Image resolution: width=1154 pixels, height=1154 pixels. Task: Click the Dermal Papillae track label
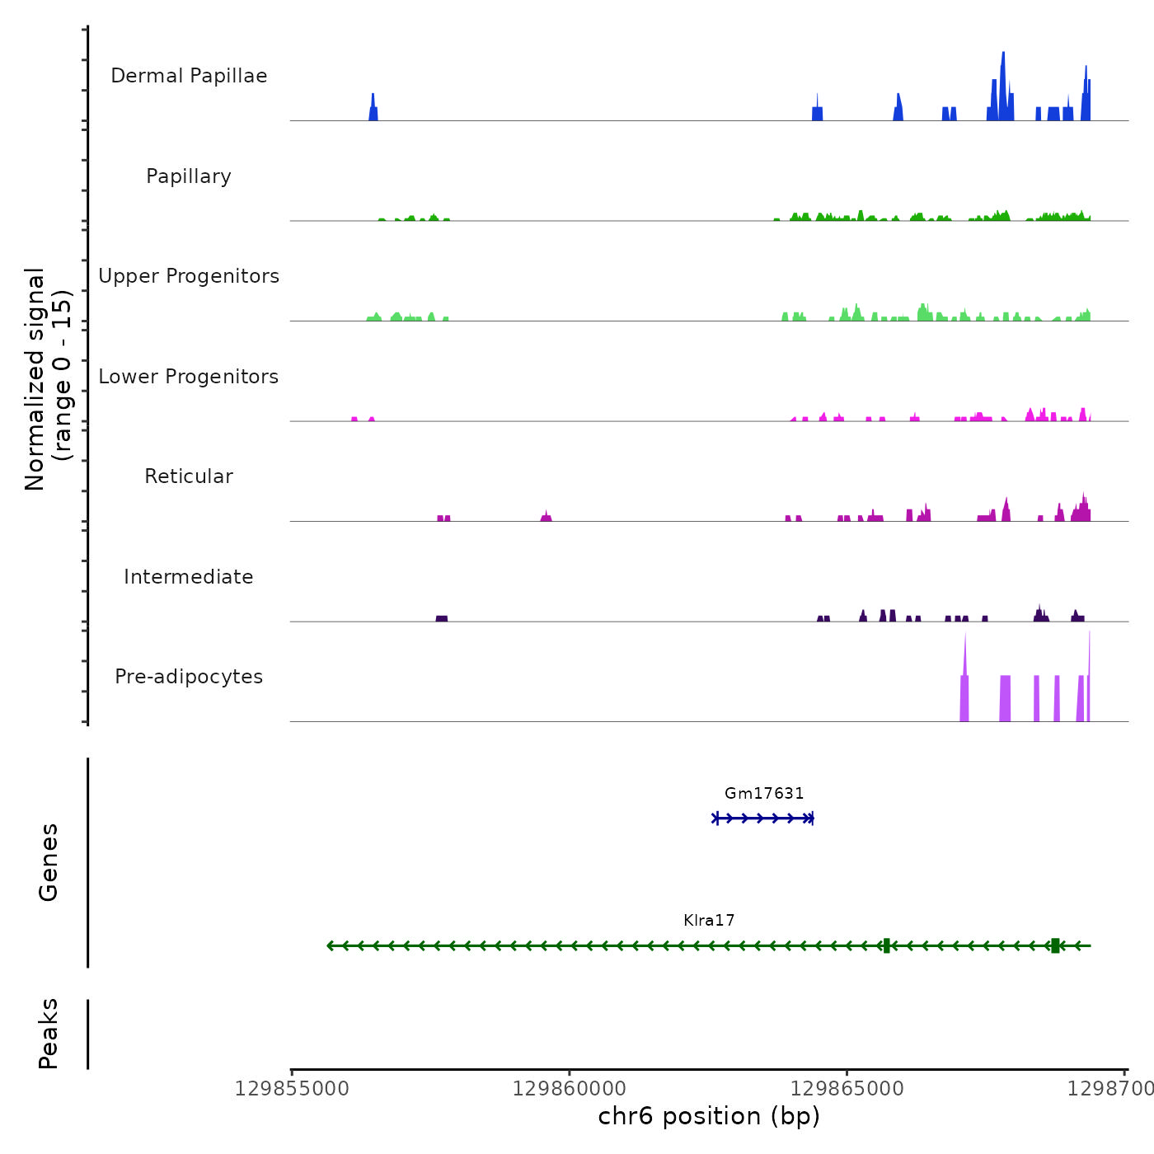(189, 76)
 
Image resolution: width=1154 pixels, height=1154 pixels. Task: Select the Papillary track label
(189, 176)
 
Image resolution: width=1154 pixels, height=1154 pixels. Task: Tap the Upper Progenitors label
(189, 276)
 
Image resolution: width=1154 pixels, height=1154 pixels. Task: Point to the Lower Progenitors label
(189, 377)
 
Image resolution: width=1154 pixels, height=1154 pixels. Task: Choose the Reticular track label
(189, 476)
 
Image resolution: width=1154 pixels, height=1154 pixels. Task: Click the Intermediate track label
(189, 577)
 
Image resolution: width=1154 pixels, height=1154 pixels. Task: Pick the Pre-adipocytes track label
(189, 677)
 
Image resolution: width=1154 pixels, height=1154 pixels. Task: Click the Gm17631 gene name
(764, 794)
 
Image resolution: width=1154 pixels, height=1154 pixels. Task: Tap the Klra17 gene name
(709, 921)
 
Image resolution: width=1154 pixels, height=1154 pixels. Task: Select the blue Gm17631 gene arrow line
(763, 819)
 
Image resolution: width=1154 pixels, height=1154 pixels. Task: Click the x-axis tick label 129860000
(569, 1089)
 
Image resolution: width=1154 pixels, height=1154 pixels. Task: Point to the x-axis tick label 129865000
(847, 1089)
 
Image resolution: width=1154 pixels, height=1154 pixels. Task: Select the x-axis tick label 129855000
(292, 1089)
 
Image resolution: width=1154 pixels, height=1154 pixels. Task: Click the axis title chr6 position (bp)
(709, 1116)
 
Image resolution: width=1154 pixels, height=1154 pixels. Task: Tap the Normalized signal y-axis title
(48, 379)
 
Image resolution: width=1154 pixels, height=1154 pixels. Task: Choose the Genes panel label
(49, 862)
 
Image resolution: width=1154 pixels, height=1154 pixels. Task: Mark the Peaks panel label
(49, 1034)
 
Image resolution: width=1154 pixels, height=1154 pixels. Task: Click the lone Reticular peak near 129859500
(546, 517)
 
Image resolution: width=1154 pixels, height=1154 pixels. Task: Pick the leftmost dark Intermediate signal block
(442, 618)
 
